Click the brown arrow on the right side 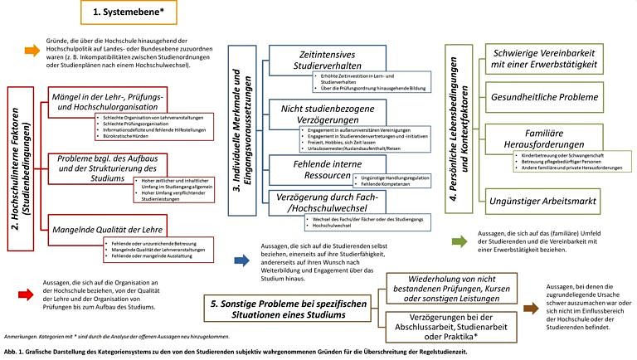tap(529, 309)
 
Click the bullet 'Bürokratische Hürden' tap(122, 136)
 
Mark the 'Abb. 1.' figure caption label tap(13, 351)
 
